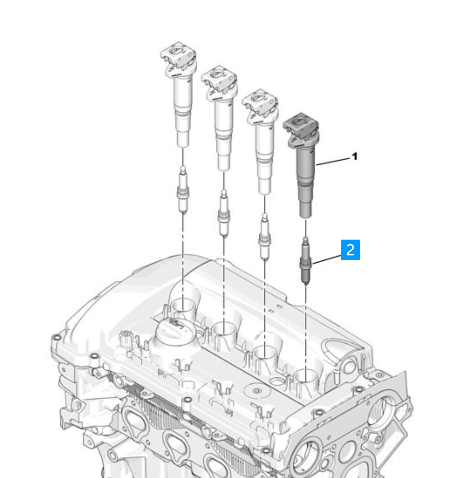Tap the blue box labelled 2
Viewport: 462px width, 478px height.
pos(350,250)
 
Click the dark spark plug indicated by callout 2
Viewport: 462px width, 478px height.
pos(305,261)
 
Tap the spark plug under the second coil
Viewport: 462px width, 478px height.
pos(224,213)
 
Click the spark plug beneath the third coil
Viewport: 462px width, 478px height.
pos(264,237)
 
